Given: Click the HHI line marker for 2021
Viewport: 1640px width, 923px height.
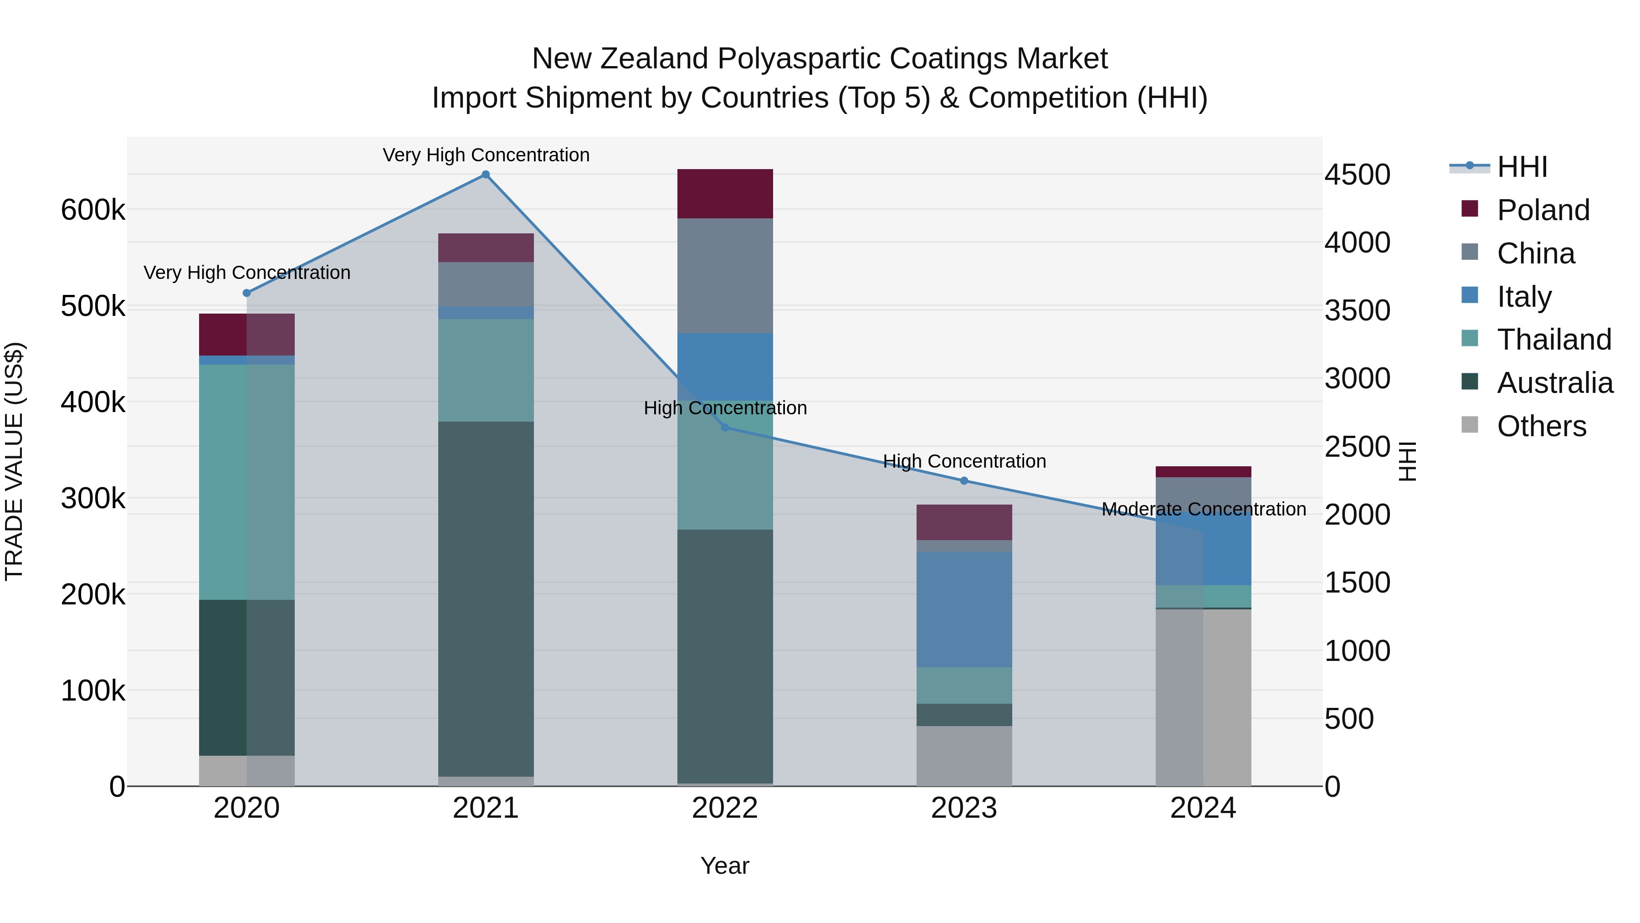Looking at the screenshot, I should coord(486,175).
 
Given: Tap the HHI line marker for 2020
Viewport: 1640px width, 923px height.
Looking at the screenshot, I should coord(247,293).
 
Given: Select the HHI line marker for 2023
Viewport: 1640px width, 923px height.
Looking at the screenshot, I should coord(964,481).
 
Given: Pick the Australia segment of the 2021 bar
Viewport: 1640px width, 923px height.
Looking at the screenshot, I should coord(486,599).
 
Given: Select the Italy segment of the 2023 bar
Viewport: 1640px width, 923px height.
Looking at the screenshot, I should coord(964,609).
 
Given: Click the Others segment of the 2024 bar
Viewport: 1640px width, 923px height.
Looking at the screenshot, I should coord(1203,697).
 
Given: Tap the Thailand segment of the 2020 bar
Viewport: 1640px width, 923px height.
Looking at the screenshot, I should coord(247,482).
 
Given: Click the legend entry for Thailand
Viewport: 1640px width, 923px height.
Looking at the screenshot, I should coord(1553,340).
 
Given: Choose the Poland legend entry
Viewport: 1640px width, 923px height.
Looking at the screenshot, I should coord(1543,210).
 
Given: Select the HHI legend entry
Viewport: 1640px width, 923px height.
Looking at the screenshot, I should coord(1522,167).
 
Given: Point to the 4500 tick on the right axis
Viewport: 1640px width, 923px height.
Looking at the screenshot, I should coord(1358,175).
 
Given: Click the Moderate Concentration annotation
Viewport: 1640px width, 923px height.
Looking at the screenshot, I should coord(1203,510).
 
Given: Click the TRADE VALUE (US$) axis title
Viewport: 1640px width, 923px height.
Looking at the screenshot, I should coord(14,461).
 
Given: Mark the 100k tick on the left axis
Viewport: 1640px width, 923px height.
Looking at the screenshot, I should coord(93,691).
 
